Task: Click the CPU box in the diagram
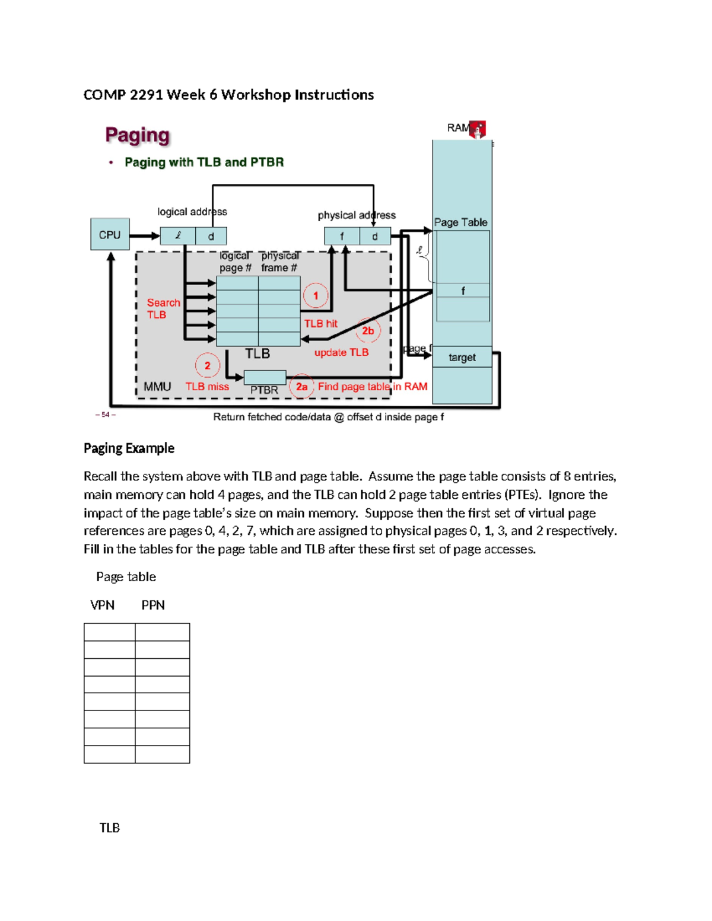pyautogui.click(x=110, y=234)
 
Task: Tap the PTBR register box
pyautogui.click(x=265, y=378)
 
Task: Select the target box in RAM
pyautogui.click(x=462, y=357)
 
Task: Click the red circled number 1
pyautogui.click(x=316, y=295)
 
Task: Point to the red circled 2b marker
pyautogui.click(x=368, y=331)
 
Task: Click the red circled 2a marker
pyautogui.click(x=301, y=387)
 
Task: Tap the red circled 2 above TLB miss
pyautogui.click(x=207, y=366)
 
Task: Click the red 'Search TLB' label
pyautogui.click(x=163, y=308)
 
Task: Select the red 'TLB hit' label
pyautogui.click(x=320, y=324)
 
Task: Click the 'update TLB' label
pyautogui.click(x=341, y=352)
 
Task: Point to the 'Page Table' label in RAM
pyautogui.click(x=460, y=222)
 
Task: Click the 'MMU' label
pyautogui.click(x=157, y=387)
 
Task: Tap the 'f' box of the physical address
pyautogui.click(x=342, y=236)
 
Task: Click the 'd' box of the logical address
pyautogui.click(x=211, y=236)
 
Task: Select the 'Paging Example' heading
pyautogui.click(x=129, y=448)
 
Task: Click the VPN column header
pyautogui.click(x=102, y=605)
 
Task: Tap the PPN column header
pyautogui.click(x=153, y=605)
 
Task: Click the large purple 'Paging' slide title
pyautogui.click(x=138, y=135)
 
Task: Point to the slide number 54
pyautogui.click(x=105, y=415)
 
